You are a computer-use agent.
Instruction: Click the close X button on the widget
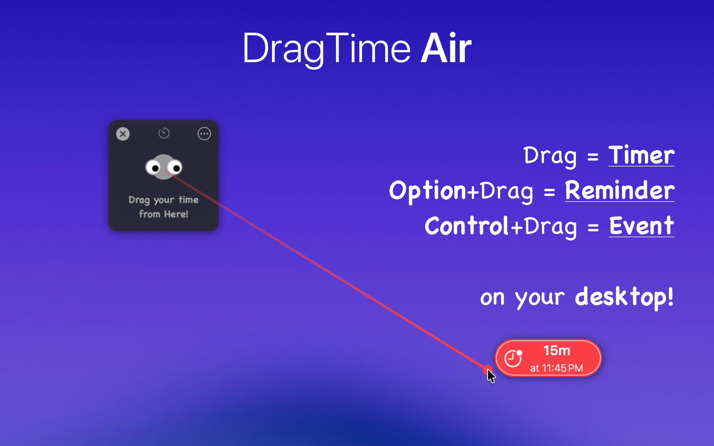(123, 134)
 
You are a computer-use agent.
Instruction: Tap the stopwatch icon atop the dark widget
(164, 133)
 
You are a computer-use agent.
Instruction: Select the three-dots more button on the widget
(204, 134)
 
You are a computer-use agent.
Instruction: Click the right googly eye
(175, 168)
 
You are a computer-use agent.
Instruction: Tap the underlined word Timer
(641, 155)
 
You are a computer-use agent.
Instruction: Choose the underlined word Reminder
(619, 191)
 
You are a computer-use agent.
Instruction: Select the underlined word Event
(641, 226)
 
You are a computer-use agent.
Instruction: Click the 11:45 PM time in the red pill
(562, 368)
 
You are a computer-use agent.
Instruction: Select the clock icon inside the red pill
(513, 358)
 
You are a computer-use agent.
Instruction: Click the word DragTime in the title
(326, 49)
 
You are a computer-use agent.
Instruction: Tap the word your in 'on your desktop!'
(540, 298)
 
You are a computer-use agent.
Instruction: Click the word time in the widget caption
(188, 200)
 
